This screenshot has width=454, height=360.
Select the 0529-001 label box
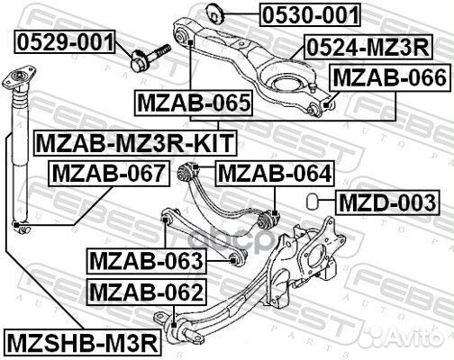click(x=63, y=40)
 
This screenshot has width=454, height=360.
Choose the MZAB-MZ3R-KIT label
click(x=133, y=141)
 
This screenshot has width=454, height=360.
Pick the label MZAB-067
click(x=107, y=171)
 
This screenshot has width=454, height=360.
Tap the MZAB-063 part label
click(x=146, y=262)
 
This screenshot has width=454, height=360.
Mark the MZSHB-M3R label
click(x=82, y=342)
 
